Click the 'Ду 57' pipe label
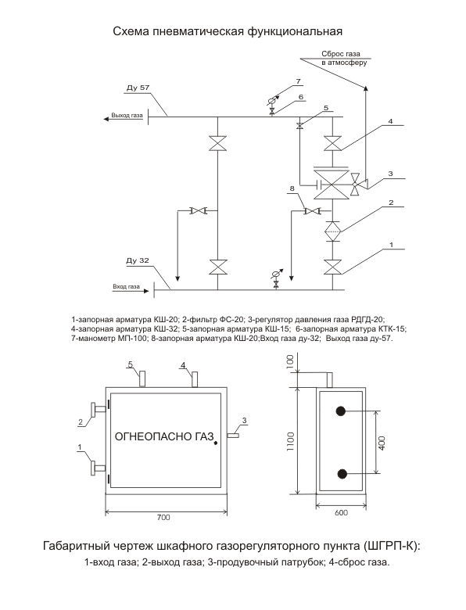pyautogui.click(x=138, y=88)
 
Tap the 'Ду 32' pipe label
pyautogui.click(x=138, y=260)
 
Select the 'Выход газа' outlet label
pyautogui.click(x=127, y=116)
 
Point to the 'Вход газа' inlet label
pyautogui.click(x=126, y=287)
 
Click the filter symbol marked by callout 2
pyautogui.click(x=332, y=231)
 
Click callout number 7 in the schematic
pyautogui.click(x=299, y=81)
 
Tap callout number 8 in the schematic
pyautogui.click(x=292, y=188)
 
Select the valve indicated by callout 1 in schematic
pyautogui.click(x=332, y=267)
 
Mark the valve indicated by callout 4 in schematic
pyautogui.click(x=332, y=143)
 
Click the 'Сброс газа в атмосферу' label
pyautogui.click(x=340, y=58)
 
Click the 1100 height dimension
pyautogui.click(x=291, y=442)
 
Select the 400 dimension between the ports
pyautogui.click(x=382, y=443)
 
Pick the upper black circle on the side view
pyautogui.click(x=341, y=411)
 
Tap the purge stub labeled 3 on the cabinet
pyautogui.click(x=233, y=436)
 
